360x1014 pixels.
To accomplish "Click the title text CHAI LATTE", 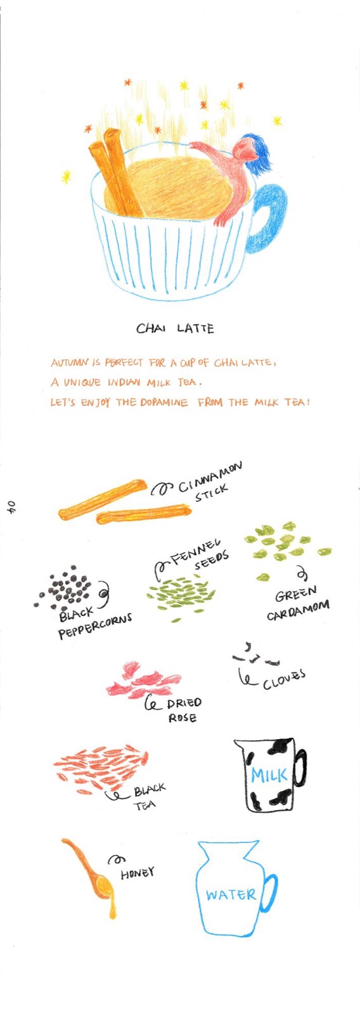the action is (x=175, y=328).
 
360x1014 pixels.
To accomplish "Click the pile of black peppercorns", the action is (x=64, y=587).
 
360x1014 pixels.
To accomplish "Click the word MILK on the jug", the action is (x=269, y=775).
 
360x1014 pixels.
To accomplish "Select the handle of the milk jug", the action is (x=300, y=768).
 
